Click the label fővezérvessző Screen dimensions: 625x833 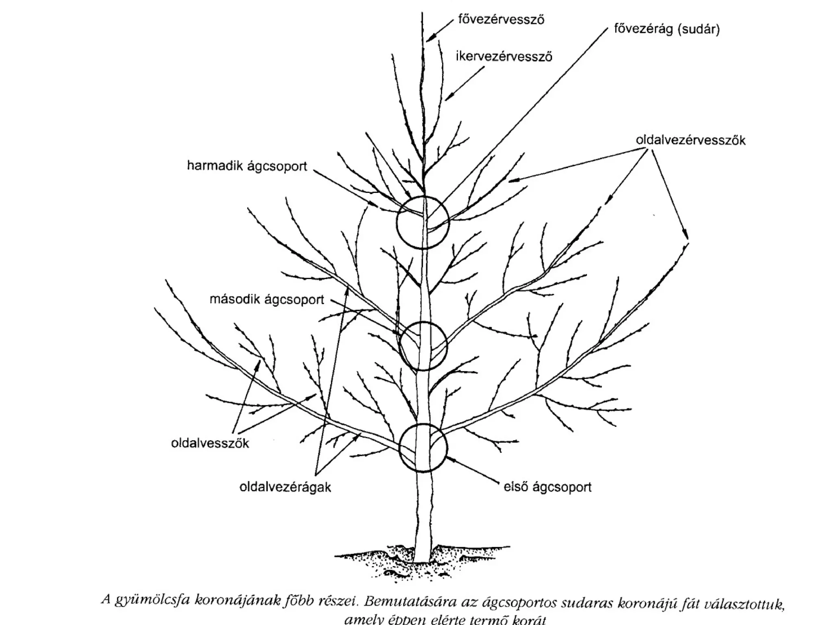click(501, 20)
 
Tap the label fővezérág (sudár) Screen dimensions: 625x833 click(667, 30)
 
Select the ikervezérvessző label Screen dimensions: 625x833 click(504, 57)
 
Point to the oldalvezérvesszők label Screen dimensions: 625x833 click(691, 140)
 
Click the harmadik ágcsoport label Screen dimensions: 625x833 click(247, 166)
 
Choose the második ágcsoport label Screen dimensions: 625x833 click(267, 300)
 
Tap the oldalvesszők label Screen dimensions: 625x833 click(210, 443)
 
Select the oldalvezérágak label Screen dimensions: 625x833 click(285, 487)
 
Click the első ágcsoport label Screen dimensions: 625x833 click(547, 487)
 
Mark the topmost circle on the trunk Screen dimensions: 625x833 click(423, 222)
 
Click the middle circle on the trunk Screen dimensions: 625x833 click(423, 345)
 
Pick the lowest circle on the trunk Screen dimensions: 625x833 click(423, 448)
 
